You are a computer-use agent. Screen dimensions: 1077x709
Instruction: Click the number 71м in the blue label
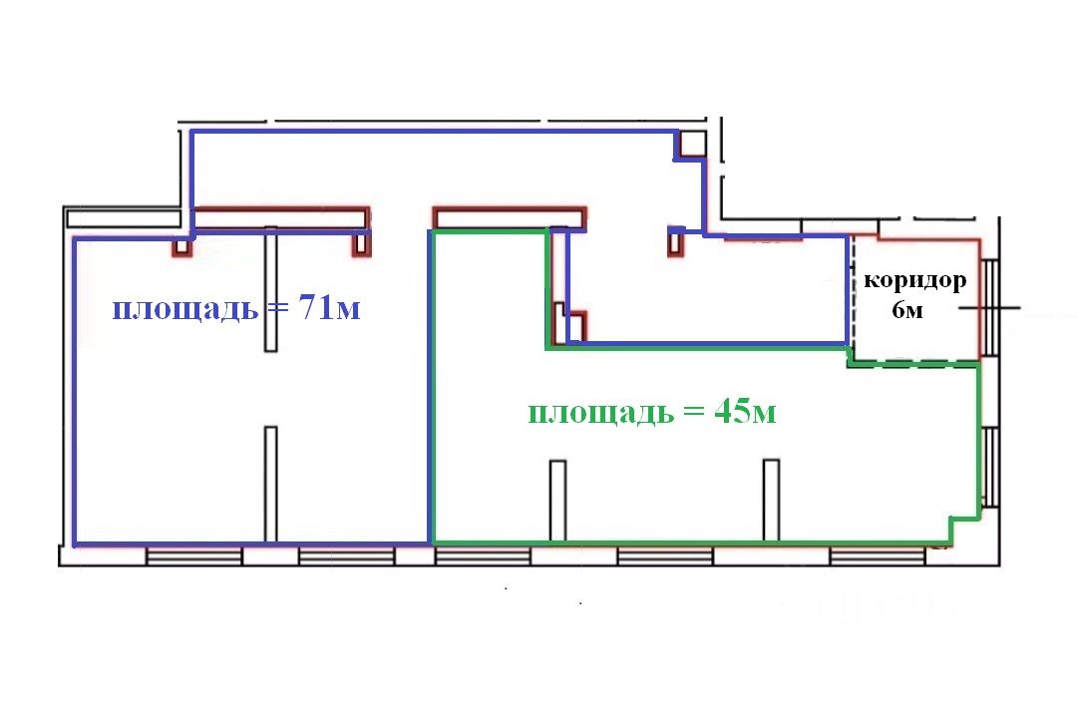[x=324, y=309]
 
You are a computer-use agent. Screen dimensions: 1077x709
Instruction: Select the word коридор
[x=914, y=280]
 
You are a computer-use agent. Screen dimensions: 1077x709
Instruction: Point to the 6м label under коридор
[x=907, y=310]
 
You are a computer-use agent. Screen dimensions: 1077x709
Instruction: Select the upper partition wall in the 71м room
[x=269, y=289]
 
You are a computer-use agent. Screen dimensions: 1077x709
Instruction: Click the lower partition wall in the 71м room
[x=270, y=484]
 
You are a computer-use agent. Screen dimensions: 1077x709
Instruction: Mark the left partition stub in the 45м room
[x=557, y=500]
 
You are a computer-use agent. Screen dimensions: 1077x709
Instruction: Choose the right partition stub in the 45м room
[x=771, y=500]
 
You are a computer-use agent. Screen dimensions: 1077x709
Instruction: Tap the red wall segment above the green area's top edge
[x=509, y=216]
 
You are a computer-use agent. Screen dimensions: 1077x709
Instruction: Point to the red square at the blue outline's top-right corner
[x=689, y=146]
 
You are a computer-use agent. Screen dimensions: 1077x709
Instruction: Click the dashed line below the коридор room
[x=912, y=366]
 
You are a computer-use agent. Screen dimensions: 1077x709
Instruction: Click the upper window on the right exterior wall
[x=989, y=306]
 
